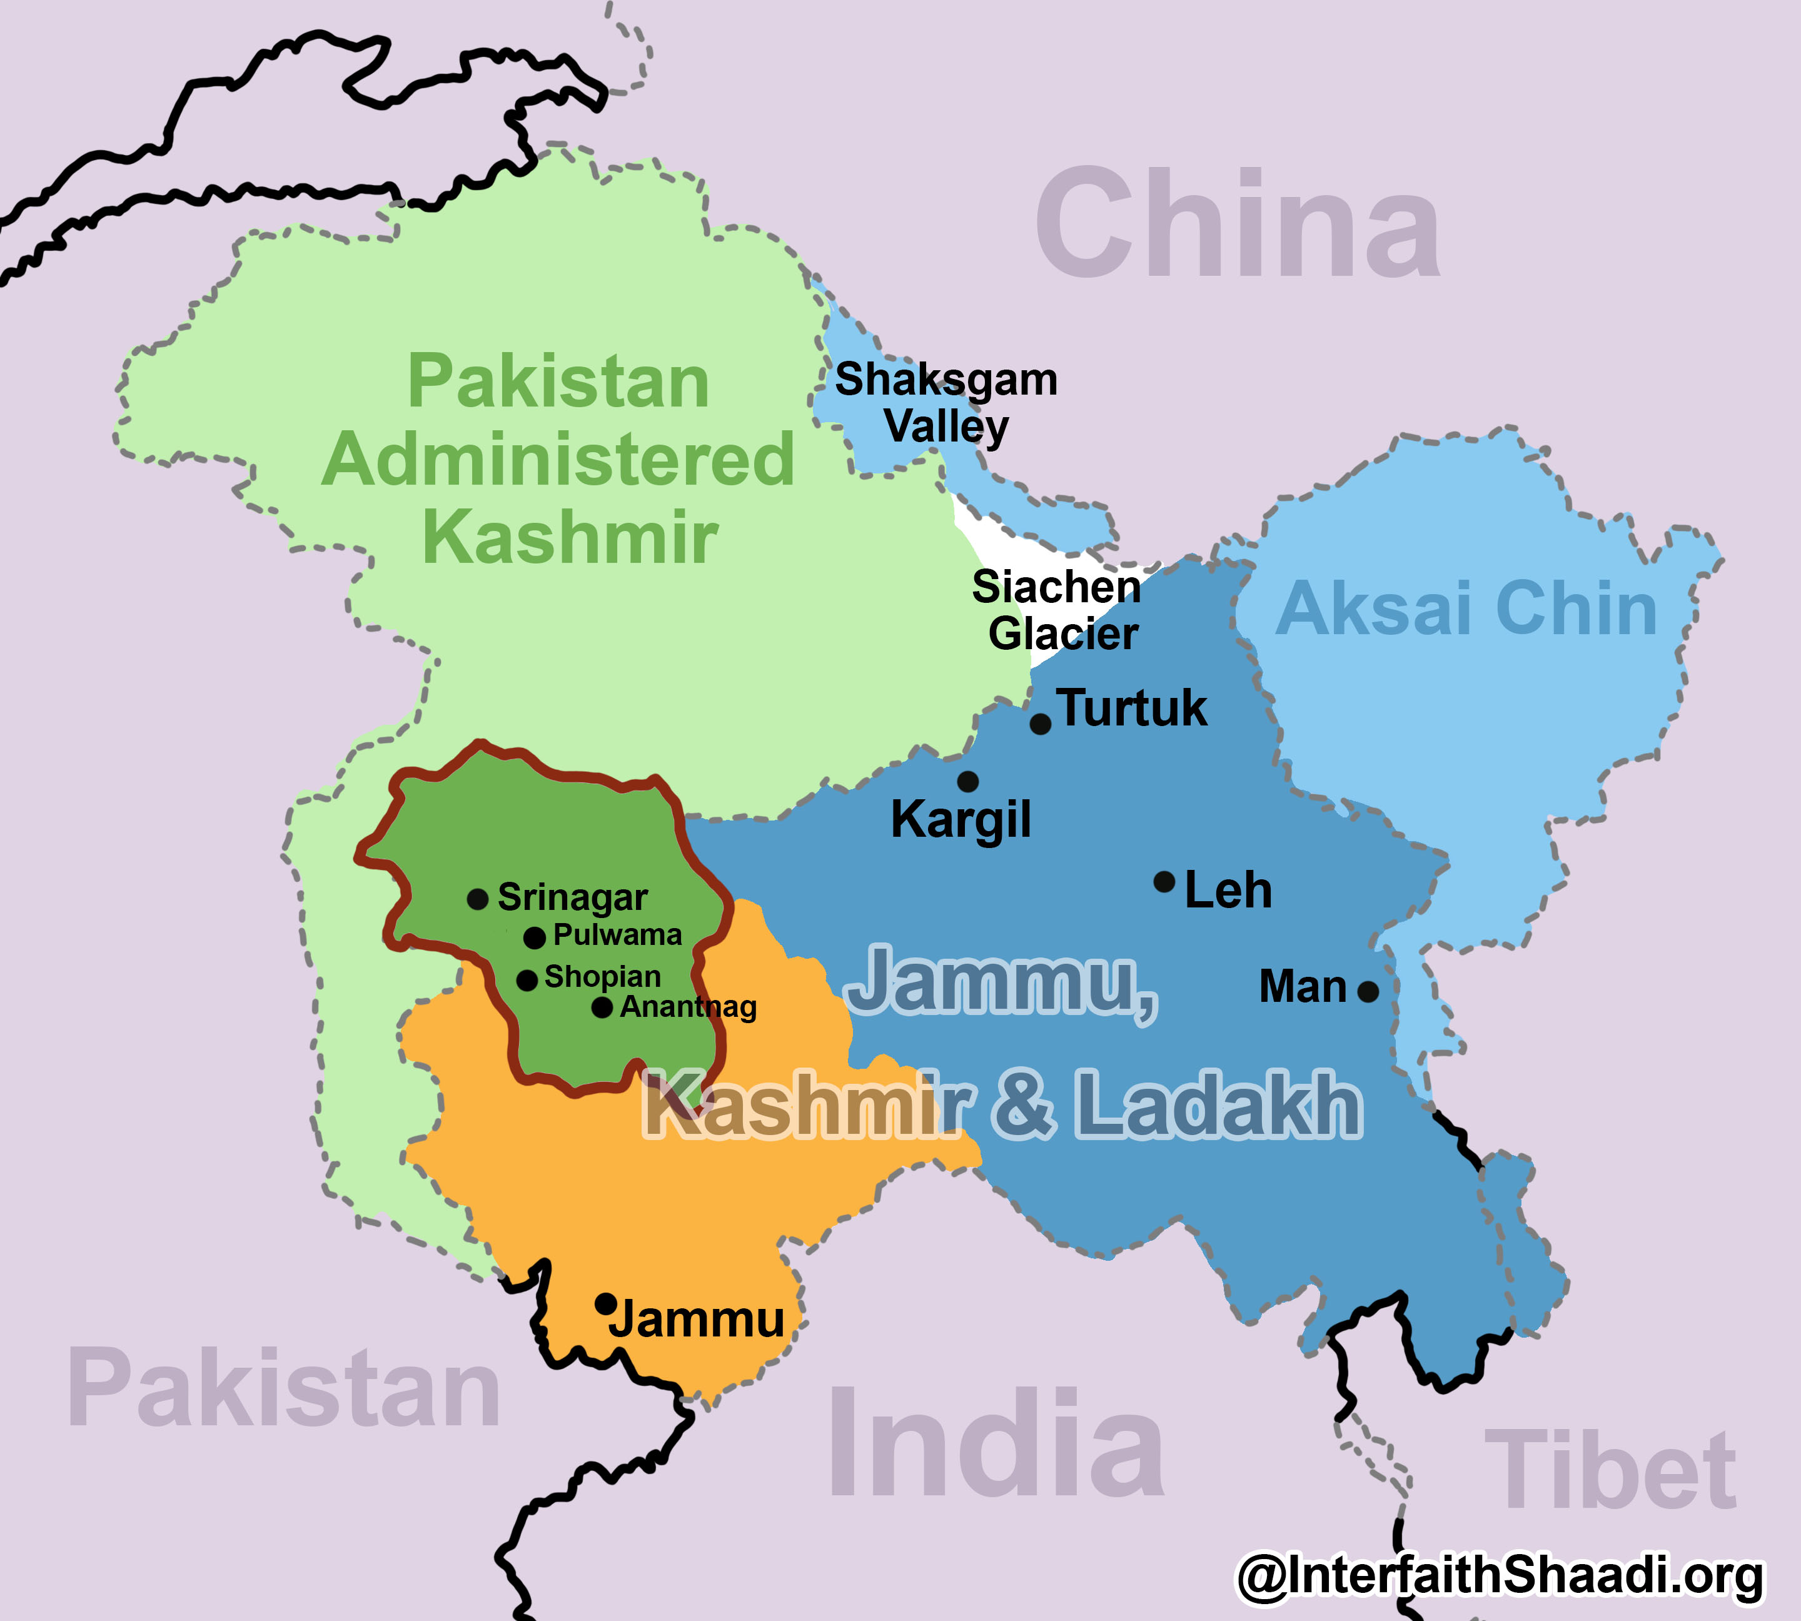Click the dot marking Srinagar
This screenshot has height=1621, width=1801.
coord(477,899)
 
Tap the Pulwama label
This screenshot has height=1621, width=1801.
coord(617,935)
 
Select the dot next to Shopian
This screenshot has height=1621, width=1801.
coord(527,981)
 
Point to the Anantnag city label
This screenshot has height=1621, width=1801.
coord(688,1007)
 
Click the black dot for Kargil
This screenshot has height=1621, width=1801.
coord(968,782)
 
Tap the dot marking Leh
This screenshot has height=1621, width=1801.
coord(1164,882)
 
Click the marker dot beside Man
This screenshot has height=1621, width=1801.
coord(1368,991)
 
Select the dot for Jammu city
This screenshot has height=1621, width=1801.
coord(606,1304)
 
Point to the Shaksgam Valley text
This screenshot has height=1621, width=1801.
coord(946,403)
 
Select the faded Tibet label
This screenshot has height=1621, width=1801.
coord(1610,1470)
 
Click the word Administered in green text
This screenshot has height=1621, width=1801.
coord(558,460)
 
